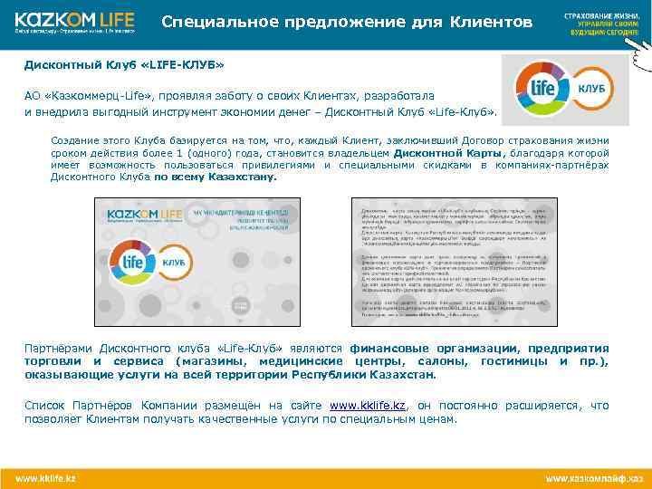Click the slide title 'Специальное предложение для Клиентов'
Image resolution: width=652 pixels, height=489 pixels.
347,21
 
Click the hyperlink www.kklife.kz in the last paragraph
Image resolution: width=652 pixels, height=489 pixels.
369,406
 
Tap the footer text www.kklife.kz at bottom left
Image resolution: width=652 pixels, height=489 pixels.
44,477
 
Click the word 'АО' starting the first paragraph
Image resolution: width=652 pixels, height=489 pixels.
32,95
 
